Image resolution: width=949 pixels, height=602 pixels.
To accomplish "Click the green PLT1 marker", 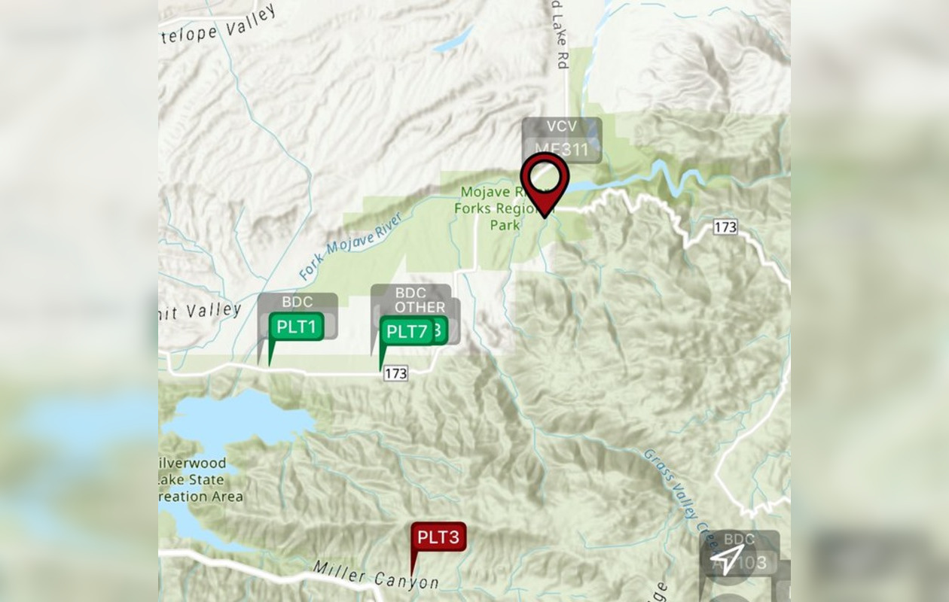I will tap(297, 327).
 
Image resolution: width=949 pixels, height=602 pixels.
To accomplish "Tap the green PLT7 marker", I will tap(407, 332).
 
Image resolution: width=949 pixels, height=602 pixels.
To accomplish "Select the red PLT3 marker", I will tap(438, 537).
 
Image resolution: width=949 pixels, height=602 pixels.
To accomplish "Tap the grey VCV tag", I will tap(562, 127).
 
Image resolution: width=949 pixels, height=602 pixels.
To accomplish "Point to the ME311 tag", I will tap(562, 150).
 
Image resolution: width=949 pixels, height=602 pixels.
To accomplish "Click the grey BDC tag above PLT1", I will tap(297, 303).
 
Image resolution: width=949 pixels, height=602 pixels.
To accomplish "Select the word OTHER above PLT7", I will tap(420, 307).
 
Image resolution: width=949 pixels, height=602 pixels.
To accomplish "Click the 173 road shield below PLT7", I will tap(395, 373).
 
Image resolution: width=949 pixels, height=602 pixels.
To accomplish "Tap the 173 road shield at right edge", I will tap(725, 227).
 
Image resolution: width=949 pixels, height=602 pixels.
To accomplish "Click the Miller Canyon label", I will tap(376, 576).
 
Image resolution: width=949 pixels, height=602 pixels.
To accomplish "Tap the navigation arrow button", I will tap(728, 558).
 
